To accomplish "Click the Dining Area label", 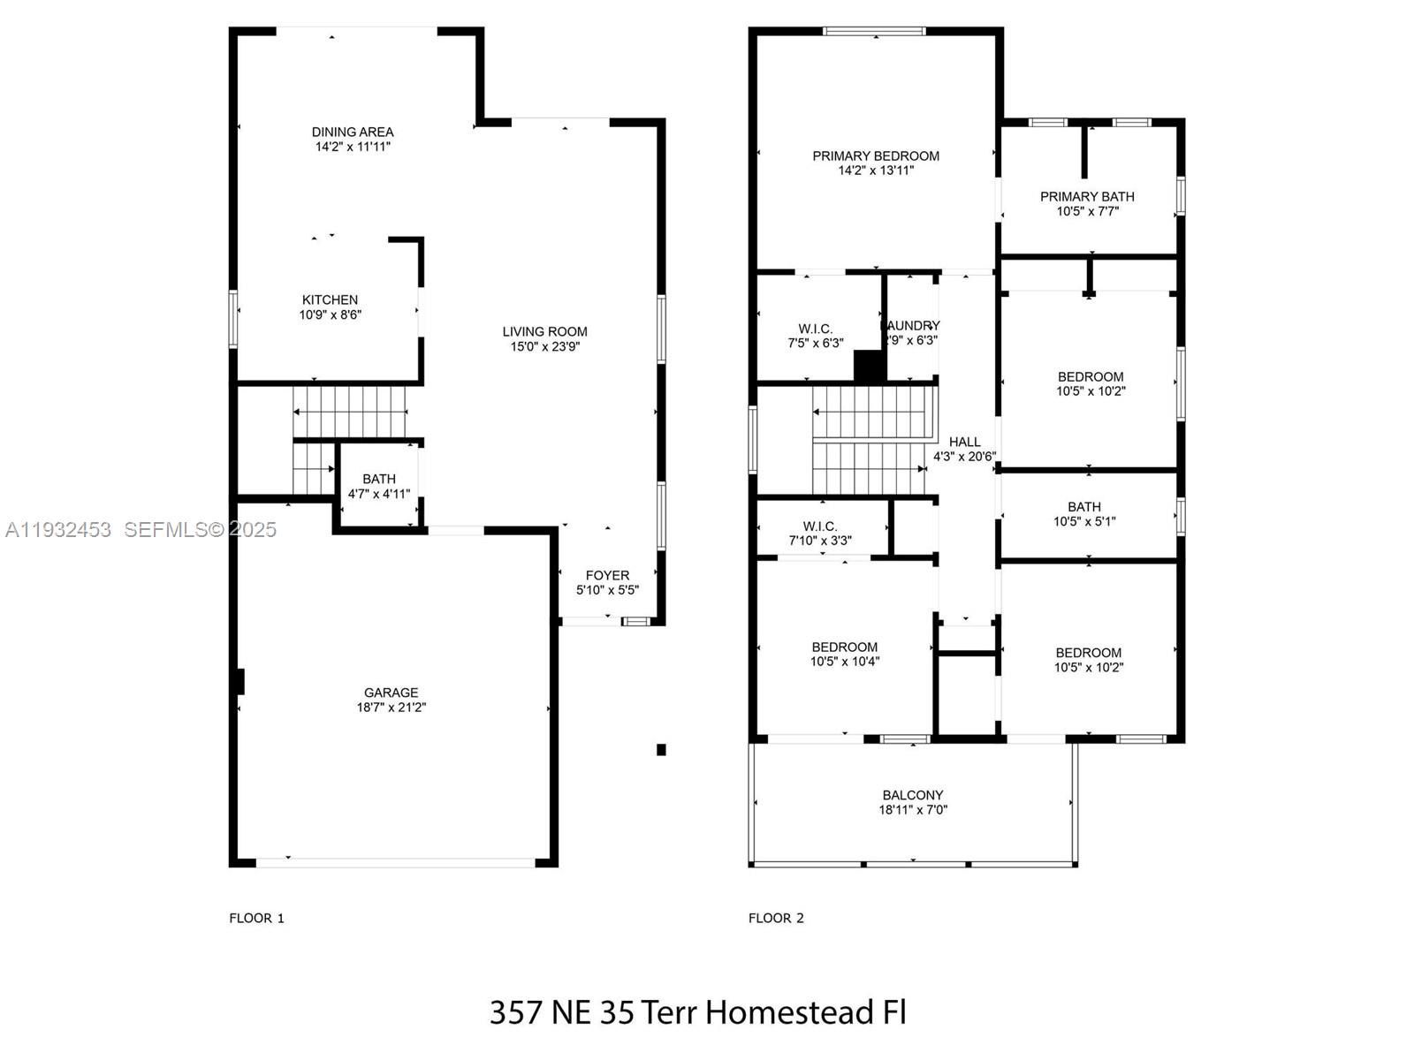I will [x=353, y=132].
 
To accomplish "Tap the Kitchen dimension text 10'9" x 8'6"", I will [x=330, y=314].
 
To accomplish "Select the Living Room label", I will [x=544, y=331].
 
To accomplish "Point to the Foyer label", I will [x=607, y=575].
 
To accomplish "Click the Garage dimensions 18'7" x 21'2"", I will [x=391, y=708].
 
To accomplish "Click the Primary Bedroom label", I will [x=876, y=156].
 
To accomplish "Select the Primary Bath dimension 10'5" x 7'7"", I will [x=1087, y=211].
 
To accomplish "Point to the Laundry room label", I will [x=911, y=326].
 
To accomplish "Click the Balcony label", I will [x=912, y=795].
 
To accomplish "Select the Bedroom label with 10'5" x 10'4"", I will [x=845, y=647].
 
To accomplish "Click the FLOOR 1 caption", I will [x=256, y=918].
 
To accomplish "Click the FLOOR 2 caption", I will [x=776, y=918].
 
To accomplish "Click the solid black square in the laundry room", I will [x=869, y=366].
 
